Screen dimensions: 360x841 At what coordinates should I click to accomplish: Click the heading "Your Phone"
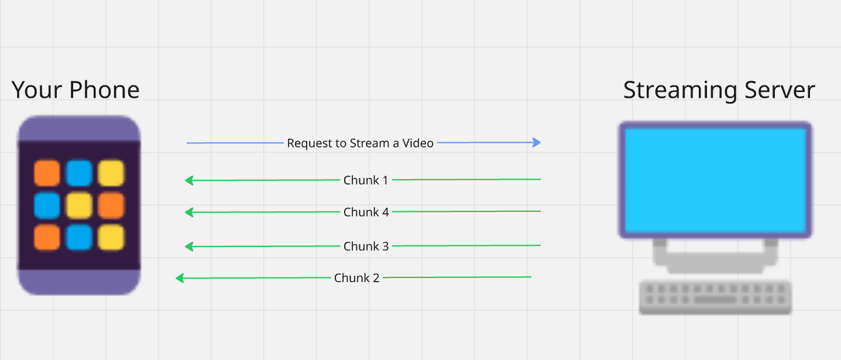pos(75,90)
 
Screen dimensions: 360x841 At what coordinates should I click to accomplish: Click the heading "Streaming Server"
pos(719,90)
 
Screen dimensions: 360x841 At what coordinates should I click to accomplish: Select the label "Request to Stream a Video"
pos(360,143)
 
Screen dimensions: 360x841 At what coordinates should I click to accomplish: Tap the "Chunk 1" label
pos(366,180)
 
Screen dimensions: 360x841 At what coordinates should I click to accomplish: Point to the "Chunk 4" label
pos(366,212)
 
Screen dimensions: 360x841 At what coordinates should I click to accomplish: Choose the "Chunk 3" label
pos(366,246)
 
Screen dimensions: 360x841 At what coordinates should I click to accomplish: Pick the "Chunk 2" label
pos(356,278)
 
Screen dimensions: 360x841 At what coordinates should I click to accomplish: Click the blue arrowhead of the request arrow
pos(537,142)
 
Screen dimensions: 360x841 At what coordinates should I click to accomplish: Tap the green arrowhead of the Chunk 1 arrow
pos(189,180)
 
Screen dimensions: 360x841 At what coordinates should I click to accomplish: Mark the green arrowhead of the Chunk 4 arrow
pos(189,212)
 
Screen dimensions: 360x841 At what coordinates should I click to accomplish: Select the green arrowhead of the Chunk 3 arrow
pos(189,246)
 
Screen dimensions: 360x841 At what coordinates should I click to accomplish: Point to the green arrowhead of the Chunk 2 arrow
pos(180,278)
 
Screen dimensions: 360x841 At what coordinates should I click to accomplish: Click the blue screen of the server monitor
pos(715,179)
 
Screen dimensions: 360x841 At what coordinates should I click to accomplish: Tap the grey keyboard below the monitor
pos(715,297)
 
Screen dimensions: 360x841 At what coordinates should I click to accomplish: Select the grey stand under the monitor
pos(715,258)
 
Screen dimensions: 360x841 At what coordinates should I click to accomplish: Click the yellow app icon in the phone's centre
pos(79,205)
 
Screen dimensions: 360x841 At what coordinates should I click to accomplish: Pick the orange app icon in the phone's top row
pos(47,173)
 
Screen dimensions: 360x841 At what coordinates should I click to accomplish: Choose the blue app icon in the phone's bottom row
pos(79,237)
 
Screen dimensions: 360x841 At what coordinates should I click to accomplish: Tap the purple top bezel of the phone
pos(79,129)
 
